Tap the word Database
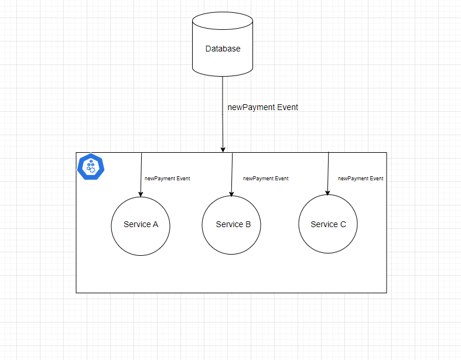pyautogui.click(x=223, y=49)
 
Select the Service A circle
pyautogui.click(x=141, y=236)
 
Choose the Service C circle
pyautogui.click(x=327, y=236)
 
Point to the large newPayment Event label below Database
pyautogui.click(x=262, y=107)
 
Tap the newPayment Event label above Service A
pyautogui.click(x=167, y=179)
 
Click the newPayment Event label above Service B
pyautogui.click(x=265, y=179)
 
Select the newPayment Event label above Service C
pyautogui.click(x=360, y=179)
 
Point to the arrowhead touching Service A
pyautogui.click(x=141, y=193)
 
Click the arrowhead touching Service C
pyautogui.click(x=327, y=192)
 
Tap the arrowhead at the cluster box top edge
pyautogui.click(x=223, y=149)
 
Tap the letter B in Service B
pyautogui.click(x=248, y=225)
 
